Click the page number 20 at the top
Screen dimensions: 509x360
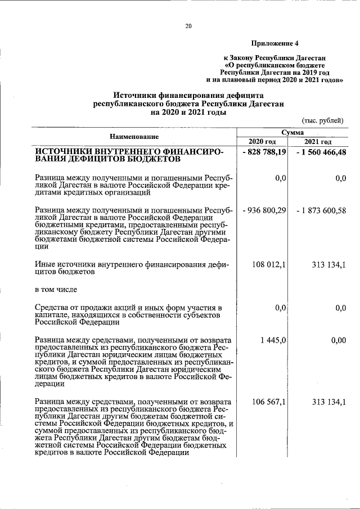(188, 25)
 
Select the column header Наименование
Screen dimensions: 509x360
(134, 137)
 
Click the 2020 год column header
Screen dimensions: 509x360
(262, 141)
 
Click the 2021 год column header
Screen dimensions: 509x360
(318, 141)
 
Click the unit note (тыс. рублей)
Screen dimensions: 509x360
(322, 120)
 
